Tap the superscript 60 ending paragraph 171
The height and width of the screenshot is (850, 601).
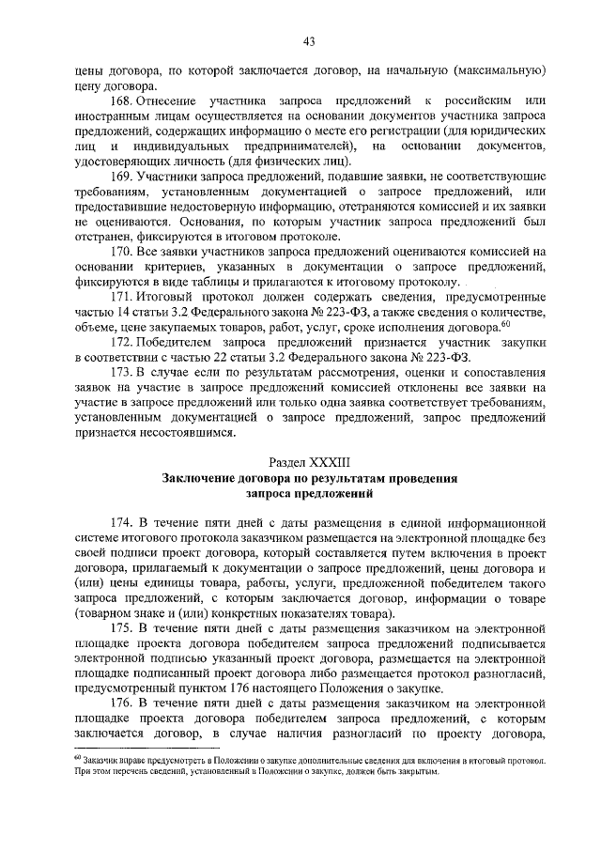(x=504, y=324)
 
